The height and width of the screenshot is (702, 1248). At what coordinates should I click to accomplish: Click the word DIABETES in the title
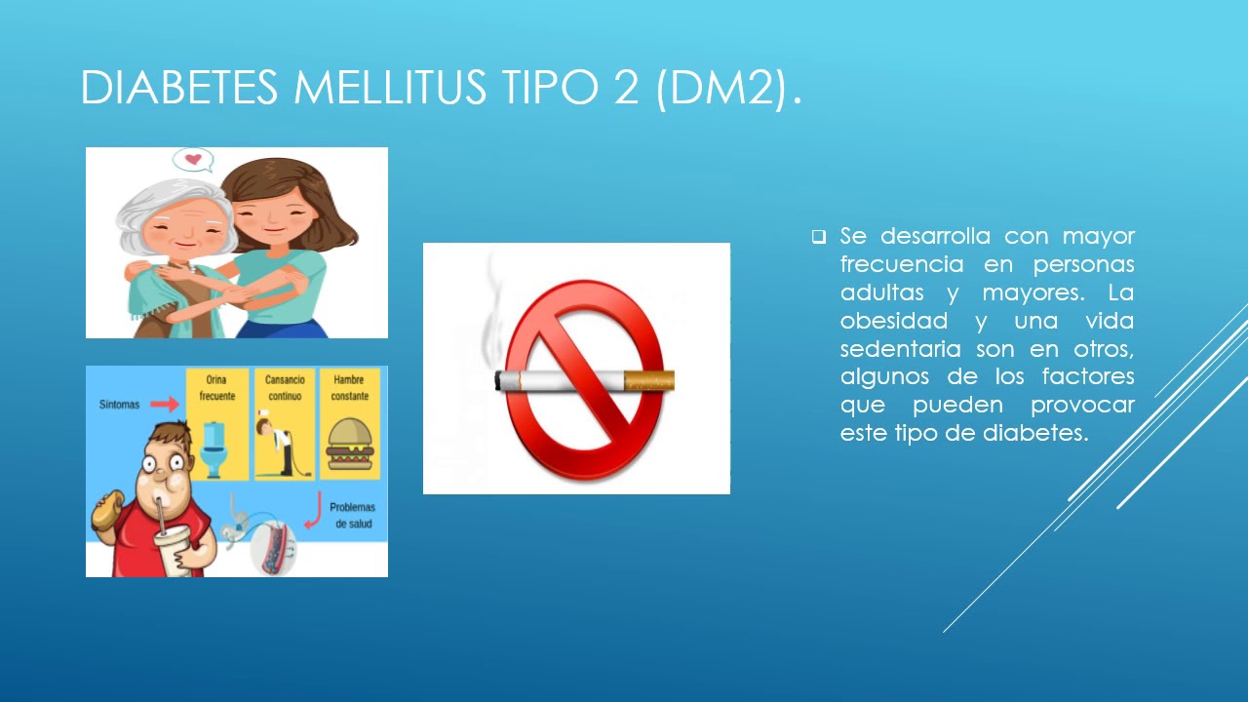180,88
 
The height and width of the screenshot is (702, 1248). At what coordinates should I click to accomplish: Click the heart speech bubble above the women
192,160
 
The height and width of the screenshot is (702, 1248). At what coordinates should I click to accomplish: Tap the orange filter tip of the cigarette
648,379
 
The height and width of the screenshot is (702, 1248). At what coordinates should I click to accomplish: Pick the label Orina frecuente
216,388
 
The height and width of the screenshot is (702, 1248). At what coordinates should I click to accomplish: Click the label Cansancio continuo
284,388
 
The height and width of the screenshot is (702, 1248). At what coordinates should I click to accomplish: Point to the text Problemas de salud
352,516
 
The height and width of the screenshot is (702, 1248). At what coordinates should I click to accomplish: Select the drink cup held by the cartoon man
172,551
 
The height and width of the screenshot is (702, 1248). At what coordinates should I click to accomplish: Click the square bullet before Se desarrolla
819,237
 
